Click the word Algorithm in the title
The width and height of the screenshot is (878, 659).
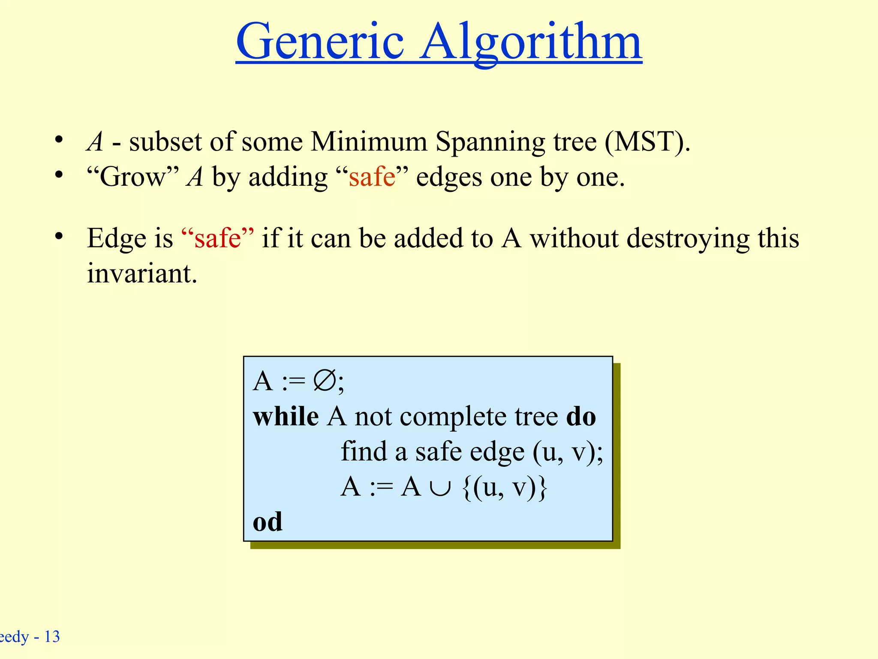(x=530, y=43)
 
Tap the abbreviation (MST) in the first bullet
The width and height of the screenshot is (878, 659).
(x=647, y=142)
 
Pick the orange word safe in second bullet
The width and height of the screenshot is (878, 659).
(x=372, y=177)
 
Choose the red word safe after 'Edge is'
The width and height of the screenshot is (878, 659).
(x=217, y=238)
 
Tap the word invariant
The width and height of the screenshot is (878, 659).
(x=142, y=273)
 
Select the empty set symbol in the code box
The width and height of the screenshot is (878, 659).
(x=325, y=381)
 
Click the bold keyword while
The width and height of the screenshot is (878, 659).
(x=286, y=417)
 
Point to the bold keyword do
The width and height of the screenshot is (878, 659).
(x=581, y=417)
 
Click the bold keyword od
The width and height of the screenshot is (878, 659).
(x=268, y=522)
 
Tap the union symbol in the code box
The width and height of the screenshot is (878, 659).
(x=441, y=488)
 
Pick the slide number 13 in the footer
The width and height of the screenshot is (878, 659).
(x=52, y=637)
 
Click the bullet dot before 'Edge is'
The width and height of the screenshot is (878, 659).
(x=59, y=236)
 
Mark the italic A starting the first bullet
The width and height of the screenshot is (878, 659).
(x=95, y=142)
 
